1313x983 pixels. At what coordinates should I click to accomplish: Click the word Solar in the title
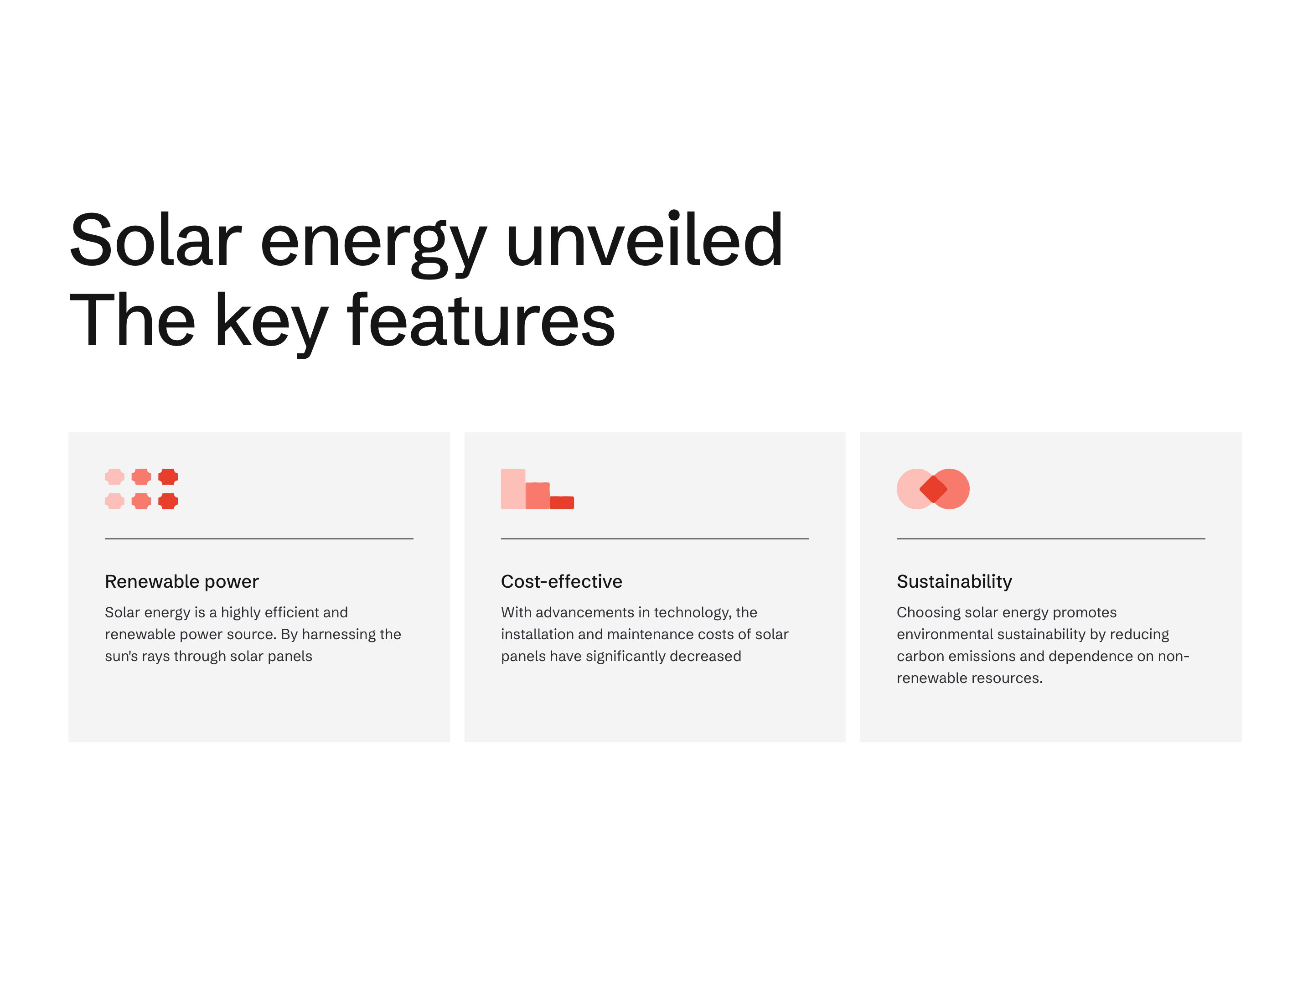click(x=155, y=240)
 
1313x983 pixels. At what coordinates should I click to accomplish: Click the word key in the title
click(x=271, y=324)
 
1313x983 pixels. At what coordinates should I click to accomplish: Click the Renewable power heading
click(x=181, y=582)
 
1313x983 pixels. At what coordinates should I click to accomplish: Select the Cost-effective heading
click(x=562, y=581)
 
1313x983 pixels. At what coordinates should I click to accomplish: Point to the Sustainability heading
click(x=954, y=582)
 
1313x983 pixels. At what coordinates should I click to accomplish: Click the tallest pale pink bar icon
click(x=513, y=489)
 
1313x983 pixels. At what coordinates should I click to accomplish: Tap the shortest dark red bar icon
click(x=562, y=503)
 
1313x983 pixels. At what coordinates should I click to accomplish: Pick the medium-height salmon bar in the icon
click(x=537, y=496)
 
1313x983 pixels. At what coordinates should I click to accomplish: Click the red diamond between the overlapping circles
click(x=933, y=489)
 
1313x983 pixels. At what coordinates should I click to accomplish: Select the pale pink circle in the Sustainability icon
click(x=911, y=489)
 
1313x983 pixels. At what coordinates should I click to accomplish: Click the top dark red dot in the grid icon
click(x=168, y=476)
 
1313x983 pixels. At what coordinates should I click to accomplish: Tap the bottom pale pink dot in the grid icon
click(x=114, y=501)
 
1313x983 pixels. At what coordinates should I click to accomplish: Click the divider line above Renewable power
click(x=259, y=539)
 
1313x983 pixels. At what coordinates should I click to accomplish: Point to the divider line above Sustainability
click(x=1051, y=539)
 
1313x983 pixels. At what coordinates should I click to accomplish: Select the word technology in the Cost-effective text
click(x=693, y=613)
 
